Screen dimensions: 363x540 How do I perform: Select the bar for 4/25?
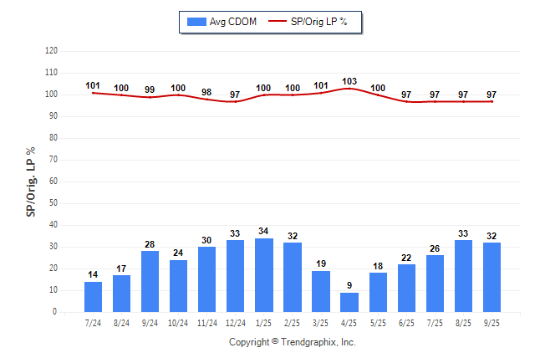click(349, 302)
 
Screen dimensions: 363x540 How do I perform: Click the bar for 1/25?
click(264, 275)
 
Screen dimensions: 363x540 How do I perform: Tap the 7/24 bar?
click(94, 297)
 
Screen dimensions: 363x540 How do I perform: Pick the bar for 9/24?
click(150, 282)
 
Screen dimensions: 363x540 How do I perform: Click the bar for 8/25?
click(463, 276)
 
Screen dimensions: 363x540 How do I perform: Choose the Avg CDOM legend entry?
click(222, 21)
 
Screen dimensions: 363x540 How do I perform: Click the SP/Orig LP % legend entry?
click(312, 21)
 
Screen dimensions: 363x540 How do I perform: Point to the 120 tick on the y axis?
click(51, 51)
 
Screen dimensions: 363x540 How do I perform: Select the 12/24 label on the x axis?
click(236, 323)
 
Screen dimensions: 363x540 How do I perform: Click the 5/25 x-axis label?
click(378, 323)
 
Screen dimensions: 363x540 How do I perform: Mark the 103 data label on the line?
click(349, 81)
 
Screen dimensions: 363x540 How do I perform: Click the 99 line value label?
click(150, 89)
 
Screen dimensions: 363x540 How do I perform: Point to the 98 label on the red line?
click(207, 92)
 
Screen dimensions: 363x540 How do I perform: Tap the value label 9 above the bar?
click(349, 285)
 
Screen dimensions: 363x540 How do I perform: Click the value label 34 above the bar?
click(264, 231)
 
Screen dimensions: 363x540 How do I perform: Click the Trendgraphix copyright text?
click(293, 342)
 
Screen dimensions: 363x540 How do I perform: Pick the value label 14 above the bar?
click(94, 274)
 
